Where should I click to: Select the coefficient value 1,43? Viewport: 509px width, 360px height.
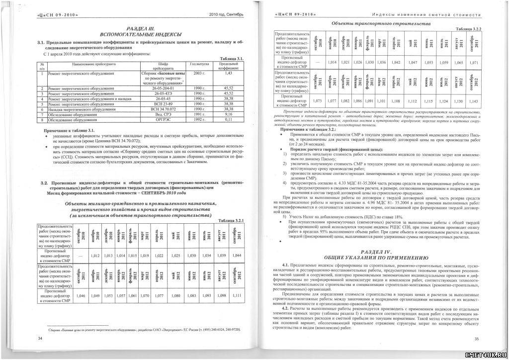pyautogui.click(x=229, y=73)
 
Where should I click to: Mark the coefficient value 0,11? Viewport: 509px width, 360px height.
pyautogui.click(x=229, y=119)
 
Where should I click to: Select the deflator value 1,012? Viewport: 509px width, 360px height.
pyautogui.click(x=97, y=256)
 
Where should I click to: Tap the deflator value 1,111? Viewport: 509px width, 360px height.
pyautogui.click(x=237, y=295)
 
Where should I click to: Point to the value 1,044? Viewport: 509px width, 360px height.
pyautogui.click(x=237, y=256)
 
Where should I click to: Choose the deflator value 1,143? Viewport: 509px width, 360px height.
pyautogui.click(x=474, y=101)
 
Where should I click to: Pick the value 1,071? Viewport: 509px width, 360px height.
pyautogui.click(x=474, y=63)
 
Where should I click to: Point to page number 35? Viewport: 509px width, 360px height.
pyautogui.click(x=476, y=339)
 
